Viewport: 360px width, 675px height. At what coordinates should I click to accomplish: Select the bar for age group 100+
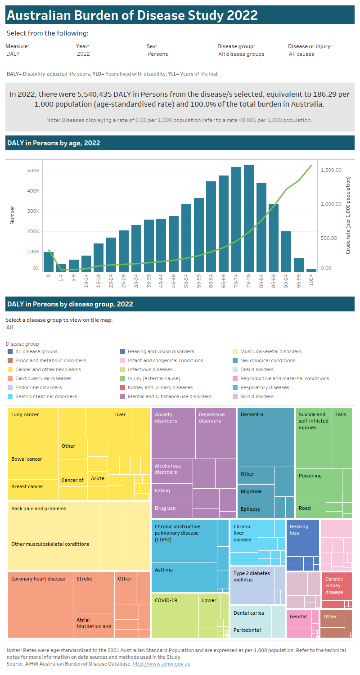coord(311,270)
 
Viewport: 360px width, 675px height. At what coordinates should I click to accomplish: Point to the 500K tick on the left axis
coord(33,171)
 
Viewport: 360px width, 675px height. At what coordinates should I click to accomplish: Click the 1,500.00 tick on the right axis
coord(331,170)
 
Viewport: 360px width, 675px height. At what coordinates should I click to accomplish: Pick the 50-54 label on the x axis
coord(186,282)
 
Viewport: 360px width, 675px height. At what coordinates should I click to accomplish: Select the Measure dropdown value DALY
coord(13,54)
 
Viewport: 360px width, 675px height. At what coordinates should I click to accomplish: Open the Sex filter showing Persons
coord(157,54)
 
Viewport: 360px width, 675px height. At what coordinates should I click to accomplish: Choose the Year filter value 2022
coord(83,54)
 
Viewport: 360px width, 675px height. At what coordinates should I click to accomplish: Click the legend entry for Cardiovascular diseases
coord(43,378)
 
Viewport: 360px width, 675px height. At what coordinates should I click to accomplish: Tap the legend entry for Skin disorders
coord(256,396)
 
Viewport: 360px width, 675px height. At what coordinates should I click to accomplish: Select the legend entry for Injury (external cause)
coord(153,378)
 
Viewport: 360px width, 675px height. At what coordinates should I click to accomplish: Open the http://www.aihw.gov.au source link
coord(162,664)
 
